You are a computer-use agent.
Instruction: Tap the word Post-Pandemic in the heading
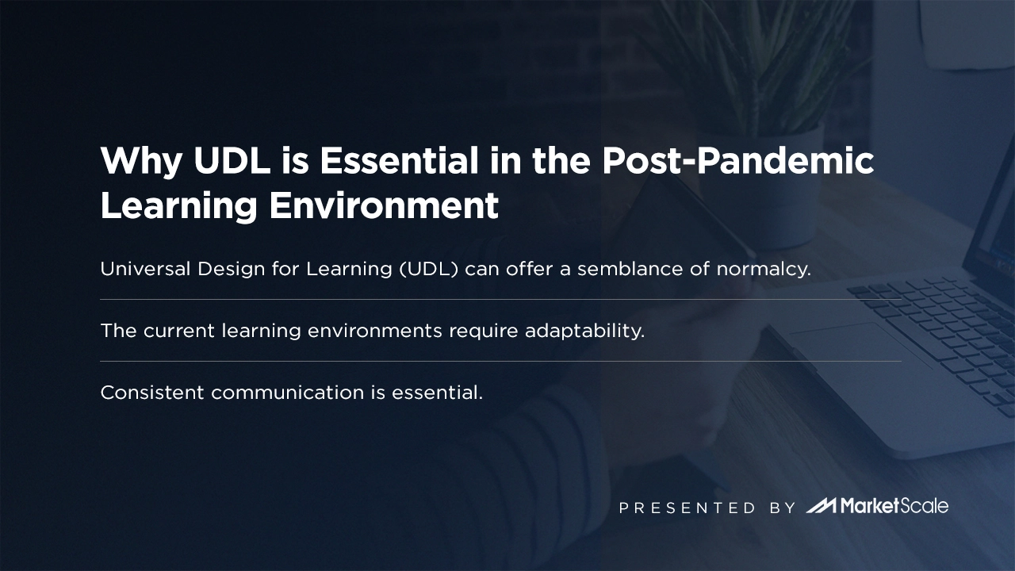737,162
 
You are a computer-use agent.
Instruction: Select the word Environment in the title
383,206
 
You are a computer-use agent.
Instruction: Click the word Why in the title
140,162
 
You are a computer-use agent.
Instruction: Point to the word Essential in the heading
399,162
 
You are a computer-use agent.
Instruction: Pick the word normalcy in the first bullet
763,269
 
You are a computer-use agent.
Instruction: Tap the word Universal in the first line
143,269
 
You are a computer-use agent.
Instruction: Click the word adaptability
584,331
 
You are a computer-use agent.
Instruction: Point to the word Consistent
152,393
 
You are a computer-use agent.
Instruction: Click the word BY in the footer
782,508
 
